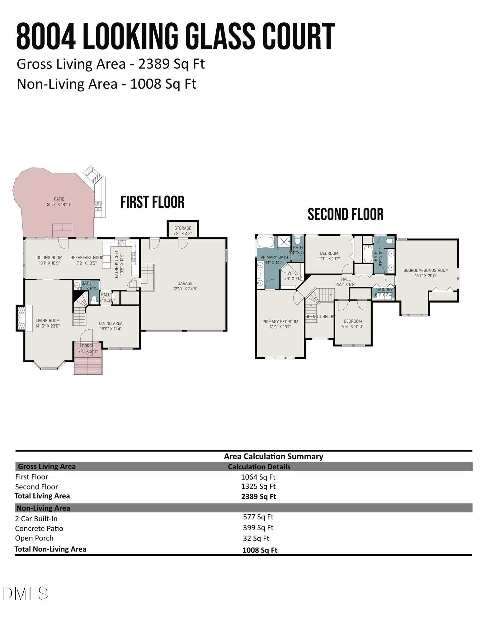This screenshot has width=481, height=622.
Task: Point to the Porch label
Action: tap(88, 346)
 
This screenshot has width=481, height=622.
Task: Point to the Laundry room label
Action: tap(384, 290)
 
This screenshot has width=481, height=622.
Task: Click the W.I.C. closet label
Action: tap(292, 273)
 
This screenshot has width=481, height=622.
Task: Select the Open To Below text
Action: tap(320, 317)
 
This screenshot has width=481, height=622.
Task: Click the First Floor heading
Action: tap(152, 202)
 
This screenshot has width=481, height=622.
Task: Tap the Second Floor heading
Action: tap(345, 215)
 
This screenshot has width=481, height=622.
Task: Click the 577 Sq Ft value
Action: tap(258, 517)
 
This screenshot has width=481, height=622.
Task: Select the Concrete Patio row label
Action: tap(39, 528)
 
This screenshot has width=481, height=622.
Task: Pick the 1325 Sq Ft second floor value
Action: tap(258, 486)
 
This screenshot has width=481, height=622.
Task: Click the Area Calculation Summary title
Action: tap(273, 456)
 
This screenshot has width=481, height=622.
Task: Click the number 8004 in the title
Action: tap(46, 36)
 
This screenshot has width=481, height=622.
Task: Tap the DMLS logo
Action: tap(25, 593)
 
